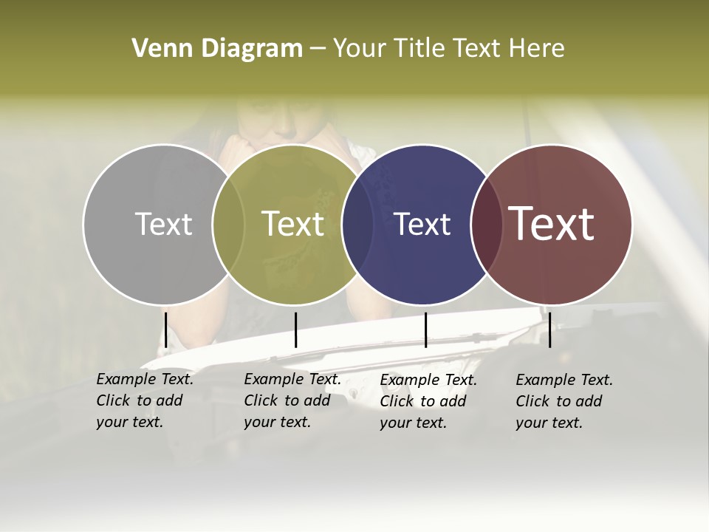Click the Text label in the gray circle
point(163,224)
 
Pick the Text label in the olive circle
point(293,224)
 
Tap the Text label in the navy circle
point(422,224)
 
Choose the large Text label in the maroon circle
point(552,224)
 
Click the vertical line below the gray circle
point(166,330)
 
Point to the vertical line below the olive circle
point(295,330)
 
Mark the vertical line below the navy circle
point(425,330)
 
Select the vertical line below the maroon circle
point(549,330)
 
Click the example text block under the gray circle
point(145,400)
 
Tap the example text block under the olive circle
point(292,400)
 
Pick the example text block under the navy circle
point(428,401)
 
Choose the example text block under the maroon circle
point(564,401)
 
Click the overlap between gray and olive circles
point(228,224)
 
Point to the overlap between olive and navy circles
point(358,224)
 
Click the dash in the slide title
point(317,50)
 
